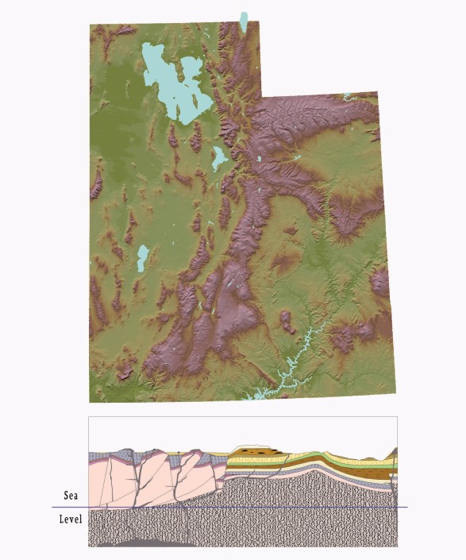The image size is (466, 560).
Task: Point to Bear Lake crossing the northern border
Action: (x=244, y=21)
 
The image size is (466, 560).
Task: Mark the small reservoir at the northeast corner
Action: (x=347, y=97)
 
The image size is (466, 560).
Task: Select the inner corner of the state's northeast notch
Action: (x=261, y=98)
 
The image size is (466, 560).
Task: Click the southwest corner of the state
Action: (x=90, y=401)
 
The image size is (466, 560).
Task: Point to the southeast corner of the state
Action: (x=395, y=393)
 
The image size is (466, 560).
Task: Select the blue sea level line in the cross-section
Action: (x=238, y=507)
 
